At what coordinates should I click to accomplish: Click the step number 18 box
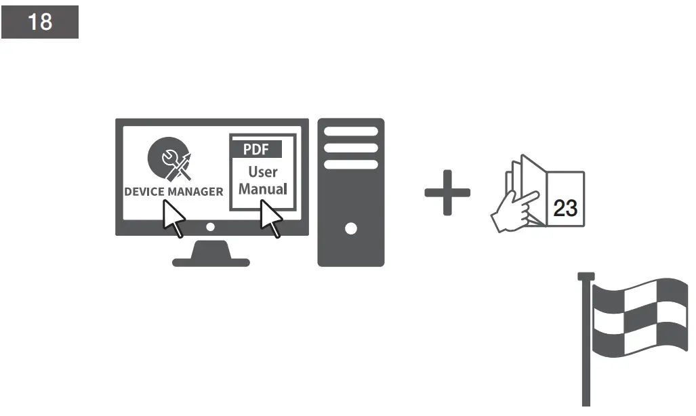(x=39, y=22)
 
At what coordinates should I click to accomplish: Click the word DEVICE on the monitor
(x=144, y=192)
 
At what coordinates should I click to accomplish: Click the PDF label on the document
(x=256, y=149)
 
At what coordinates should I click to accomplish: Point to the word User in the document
(x=263, y=171)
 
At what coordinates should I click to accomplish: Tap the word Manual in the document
(x=263, y=189)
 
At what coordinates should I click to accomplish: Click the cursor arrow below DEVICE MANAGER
(x=173, y=218)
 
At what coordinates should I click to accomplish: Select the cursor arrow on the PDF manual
(x=270, y=218)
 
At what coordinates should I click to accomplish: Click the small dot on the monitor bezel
(x=210, y=227)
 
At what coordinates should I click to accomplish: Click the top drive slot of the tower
(x=351, y=131)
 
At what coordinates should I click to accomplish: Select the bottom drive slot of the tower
(x=351, y=165)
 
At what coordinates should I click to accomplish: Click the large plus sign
(x=447, y=192)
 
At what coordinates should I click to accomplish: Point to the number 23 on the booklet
(x=565, y=207)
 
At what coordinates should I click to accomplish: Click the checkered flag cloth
(x=640, y=315)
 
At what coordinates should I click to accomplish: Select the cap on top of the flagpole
(x=586, y=276)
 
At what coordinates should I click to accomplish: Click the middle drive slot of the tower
(x=351, y=148)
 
